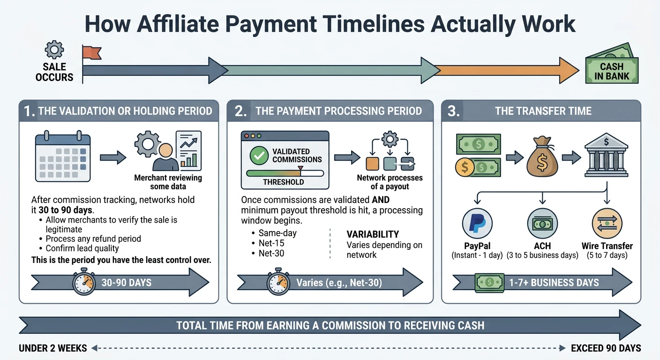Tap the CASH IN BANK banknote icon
tap(611, 66)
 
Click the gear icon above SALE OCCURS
tap(54, 49)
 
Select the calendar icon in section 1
tap(63, 157)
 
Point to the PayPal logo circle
tap(477, 224)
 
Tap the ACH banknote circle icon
tap(542, 224)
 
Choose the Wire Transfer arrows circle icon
tap(607, 224)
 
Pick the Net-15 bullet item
tap(271, 243)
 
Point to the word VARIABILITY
tap(373, 234)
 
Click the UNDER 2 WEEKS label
tap(52, 348)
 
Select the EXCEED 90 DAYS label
tap(606, 348)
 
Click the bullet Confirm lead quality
tap(82, 248)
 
